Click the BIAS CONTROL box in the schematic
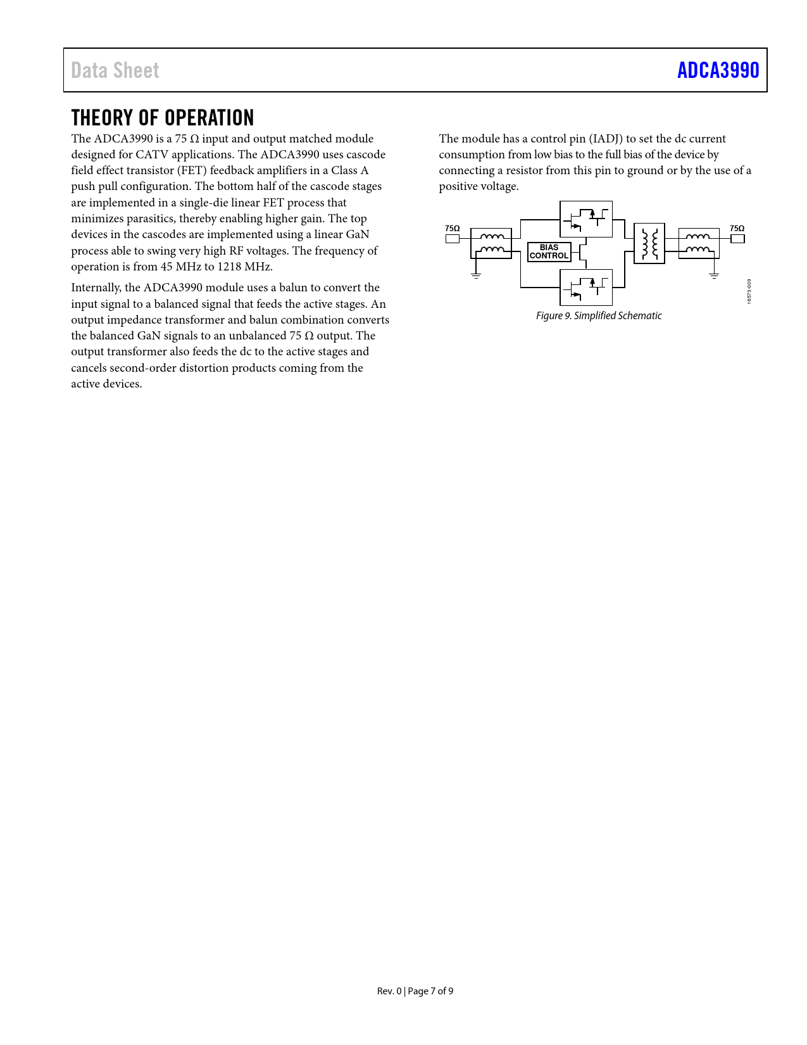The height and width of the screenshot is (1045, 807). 549,251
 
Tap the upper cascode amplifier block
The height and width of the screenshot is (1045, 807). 586,219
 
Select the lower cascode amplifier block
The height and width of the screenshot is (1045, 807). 586,287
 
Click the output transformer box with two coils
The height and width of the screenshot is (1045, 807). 649,243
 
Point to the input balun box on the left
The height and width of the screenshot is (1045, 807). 491,243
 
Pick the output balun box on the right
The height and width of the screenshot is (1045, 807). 699,243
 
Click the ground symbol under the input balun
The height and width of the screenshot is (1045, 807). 476,275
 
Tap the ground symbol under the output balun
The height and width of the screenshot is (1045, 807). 714,275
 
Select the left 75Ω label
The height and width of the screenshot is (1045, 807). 452,229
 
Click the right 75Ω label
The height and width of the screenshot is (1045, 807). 737,229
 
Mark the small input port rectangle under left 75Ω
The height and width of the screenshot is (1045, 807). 452,239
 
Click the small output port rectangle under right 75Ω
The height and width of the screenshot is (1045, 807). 737,239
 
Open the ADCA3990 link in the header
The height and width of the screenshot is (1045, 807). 718,70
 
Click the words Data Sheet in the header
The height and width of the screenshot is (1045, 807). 115,70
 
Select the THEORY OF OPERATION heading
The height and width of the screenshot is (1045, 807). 163,118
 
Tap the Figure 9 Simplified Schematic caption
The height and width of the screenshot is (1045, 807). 599,315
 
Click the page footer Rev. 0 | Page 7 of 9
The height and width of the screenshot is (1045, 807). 415,991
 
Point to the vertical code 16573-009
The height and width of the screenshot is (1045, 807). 749,291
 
